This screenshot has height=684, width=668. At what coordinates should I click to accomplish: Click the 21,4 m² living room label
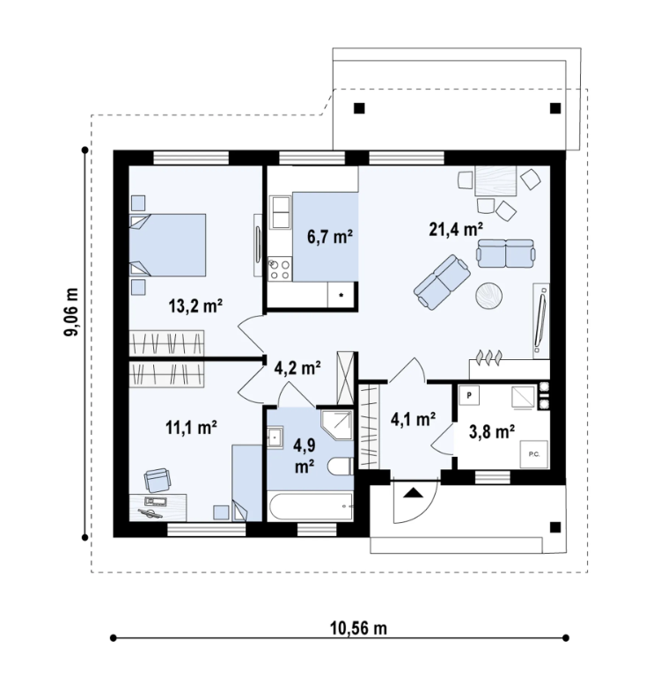pyautogui.click(x=456, y=229)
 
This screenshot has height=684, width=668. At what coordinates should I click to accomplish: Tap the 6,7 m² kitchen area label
pyautogui.click(x=330, y=237)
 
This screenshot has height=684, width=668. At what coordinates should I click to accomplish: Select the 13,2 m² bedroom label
pyautogui.click(x=195, y=305)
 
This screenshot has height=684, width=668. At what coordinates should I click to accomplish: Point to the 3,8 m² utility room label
pyautogui.click(x=492, y=432)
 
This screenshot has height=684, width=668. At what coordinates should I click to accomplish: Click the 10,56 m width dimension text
pyautogui.click(x=358, y=629)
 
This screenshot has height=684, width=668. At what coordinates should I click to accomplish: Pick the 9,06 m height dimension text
pyautogui.click(x=71, y=312)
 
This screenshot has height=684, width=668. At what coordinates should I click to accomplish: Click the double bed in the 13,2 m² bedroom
pyautogui.click(x=168, y=245)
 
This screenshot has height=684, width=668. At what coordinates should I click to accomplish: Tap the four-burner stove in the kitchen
pyautogui.click(x=280, y=268)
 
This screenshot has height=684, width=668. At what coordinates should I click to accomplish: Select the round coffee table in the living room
pyautogui.click(x=488, y=296)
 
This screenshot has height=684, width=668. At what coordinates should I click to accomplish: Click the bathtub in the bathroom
pyautogui.click(x=311, y=506)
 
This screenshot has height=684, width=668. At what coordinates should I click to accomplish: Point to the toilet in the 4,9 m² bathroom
pyautogui.click(x=341, y=467)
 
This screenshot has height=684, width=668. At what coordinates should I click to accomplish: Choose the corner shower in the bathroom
pyautogui.click(x=336, y=425)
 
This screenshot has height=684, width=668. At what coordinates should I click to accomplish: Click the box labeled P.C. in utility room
pyautogui.click(x=534, y=454)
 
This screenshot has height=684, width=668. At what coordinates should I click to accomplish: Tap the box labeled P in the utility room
pyautogui.click(x=469, y=395)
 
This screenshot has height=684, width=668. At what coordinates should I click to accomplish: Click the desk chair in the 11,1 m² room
pyautogui.click(x=158, y=480)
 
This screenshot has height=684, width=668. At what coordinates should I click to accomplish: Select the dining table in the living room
pyautogui.click(x=495, y=180)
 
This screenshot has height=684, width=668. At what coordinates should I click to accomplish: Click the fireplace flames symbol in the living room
pyautogui.click(x=488, y=357)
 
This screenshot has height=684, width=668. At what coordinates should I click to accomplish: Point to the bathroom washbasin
pyautogui.click(x=275, y=438)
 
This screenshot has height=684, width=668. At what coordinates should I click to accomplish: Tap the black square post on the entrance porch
pyautogui.click(x=555, y=527)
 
